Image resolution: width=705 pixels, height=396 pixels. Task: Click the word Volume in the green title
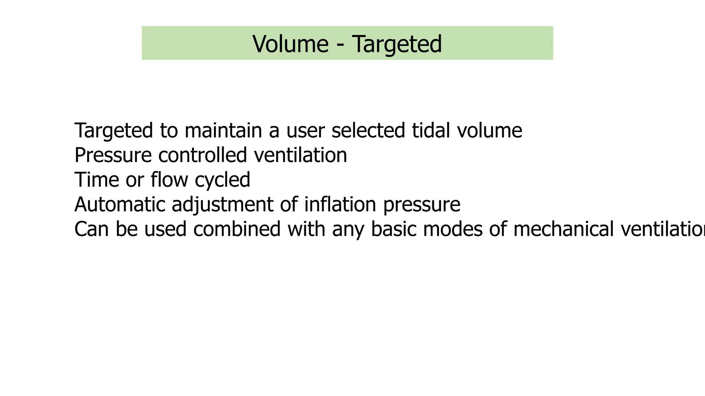290,44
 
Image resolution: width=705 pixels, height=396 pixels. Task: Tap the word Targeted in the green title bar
397,44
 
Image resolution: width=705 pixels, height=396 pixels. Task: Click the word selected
368,131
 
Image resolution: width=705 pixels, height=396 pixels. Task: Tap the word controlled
202,155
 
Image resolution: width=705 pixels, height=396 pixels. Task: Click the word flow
169,179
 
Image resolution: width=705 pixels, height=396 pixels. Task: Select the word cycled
222,180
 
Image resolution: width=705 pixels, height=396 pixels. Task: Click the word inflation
340,205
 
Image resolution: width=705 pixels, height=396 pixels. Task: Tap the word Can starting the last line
91,229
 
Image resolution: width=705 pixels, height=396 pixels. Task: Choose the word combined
237,229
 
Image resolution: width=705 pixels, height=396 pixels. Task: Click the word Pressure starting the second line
113,155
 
